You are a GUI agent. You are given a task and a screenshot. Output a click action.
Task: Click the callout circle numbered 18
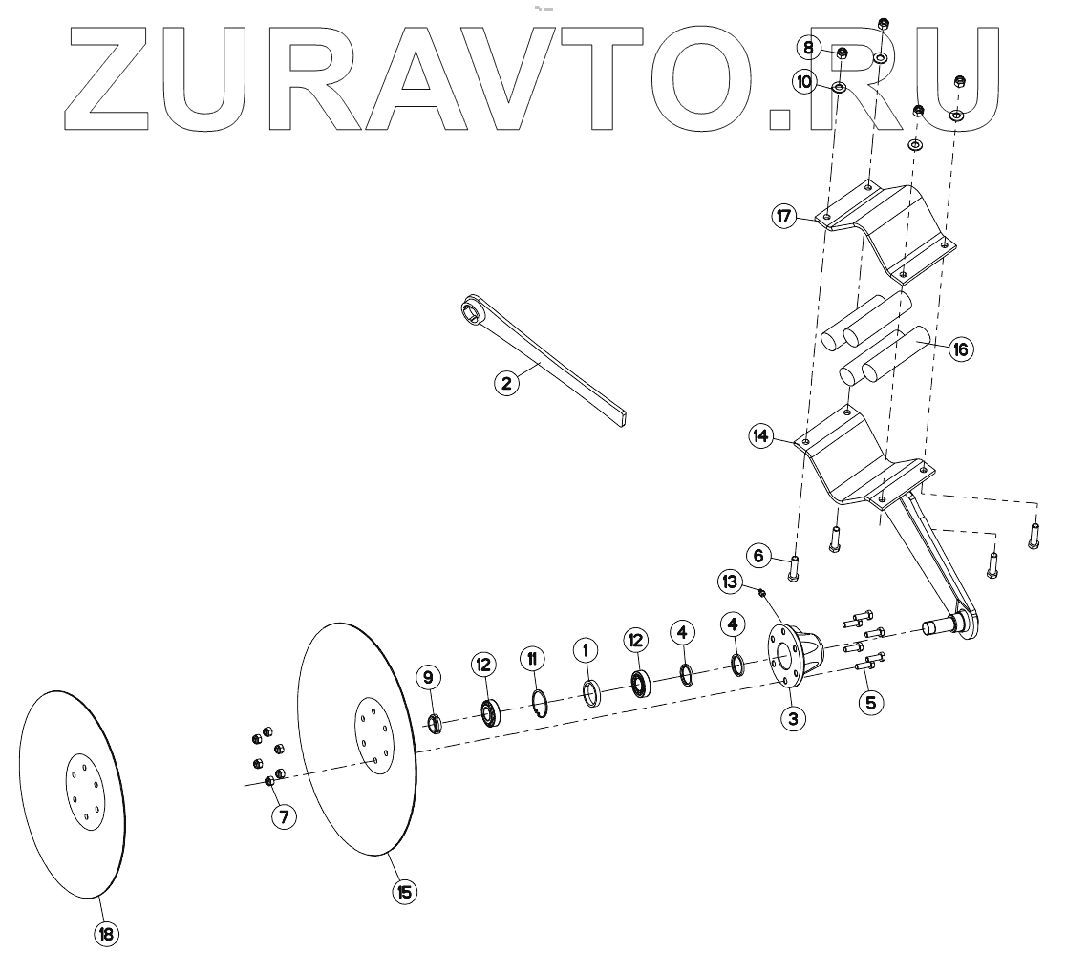[x=105, y=934]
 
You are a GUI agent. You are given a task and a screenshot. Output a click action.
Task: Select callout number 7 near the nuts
[x=283, y=816]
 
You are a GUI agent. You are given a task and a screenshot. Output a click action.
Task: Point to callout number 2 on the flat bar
[x=506, y=384]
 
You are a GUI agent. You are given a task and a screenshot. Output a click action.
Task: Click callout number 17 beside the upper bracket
[x=785, y=217]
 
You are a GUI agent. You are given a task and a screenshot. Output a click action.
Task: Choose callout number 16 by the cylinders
[x=959, y=349]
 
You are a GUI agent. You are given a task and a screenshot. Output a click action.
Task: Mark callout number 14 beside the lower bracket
[x=760, y=437]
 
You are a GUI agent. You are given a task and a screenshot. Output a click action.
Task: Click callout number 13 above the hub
[x=730, y=581]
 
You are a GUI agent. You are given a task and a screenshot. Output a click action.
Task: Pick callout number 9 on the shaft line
[x=428, y=678]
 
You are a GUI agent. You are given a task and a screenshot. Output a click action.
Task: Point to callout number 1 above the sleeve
[x=585, y=650]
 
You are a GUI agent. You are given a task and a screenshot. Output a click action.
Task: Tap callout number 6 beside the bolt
[x=757, y=555]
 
